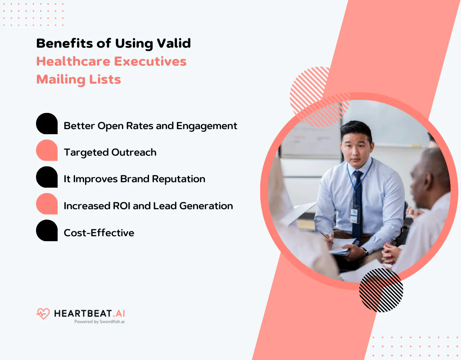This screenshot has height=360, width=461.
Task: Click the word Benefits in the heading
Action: (65, 43)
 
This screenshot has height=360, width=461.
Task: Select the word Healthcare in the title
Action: (73, 61)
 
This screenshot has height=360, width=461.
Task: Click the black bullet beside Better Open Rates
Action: (47, 123)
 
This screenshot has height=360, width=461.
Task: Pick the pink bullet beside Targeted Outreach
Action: (47, 150)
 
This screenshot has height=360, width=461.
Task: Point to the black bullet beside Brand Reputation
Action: (47, 177)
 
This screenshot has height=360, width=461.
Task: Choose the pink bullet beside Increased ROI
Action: (47, 204)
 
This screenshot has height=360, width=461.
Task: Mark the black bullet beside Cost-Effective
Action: (47, 230)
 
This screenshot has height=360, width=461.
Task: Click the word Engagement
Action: (207, 126)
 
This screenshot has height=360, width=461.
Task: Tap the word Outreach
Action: (134, 152)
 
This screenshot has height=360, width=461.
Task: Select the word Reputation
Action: (178, 179)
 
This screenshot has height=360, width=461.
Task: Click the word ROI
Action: (122, 206)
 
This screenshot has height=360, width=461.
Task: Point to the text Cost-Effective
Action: (99, 233)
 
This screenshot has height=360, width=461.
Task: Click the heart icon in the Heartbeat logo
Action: (43, 314)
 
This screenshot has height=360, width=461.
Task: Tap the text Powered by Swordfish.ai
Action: (99, 321)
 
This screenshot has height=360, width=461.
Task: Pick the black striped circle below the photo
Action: (381, 290)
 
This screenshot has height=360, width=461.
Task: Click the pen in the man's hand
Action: (328, 238)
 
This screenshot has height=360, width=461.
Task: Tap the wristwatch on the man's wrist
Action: (365, 252)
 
